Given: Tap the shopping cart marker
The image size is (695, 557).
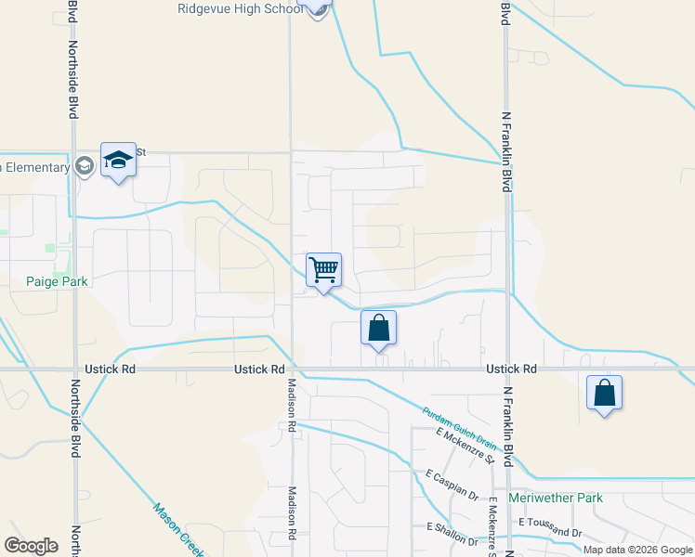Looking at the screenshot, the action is coord(323,271).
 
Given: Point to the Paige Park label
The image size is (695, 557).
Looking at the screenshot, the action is coord(56,281).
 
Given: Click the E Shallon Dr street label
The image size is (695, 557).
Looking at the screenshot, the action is coord(452,534).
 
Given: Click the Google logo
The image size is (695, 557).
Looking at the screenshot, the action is coord(31,546).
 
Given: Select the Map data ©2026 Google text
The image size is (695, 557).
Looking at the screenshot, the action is coord(638,550).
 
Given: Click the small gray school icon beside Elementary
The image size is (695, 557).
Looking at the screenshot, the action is coord(85,167).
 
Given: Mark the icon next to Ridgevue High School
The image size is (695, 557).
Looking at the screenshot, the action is coord(318,8).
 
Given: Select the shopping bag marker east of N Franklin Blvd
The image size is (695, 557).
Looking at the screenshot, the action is coord(604,393).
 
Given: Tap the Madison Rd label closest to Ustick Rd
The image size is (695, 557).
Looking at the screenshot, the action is coord(291,406).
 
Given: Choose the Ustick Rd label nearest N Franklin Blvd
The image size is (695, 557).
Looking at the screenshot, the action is coord(511,369).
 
